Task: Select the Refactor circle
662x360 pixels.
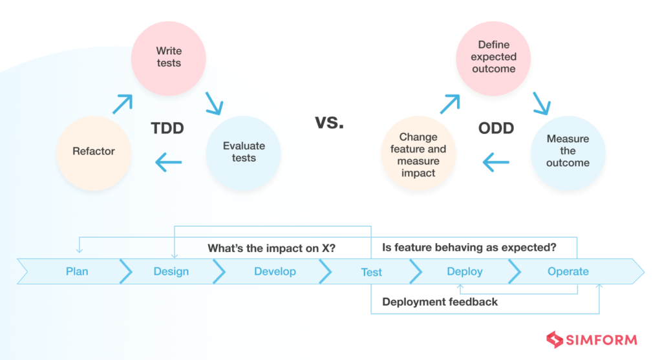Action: (94, 151)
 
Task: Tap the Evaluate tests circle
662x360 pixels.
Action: (244, 152)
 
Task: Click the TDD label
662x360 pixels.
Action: (167, 129)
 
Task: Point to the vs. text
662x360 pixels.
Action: (330, 122)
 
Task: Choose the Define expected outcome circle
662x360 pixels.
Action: (494, 57)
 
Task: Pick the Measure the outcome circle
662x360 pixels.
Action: (568, 151)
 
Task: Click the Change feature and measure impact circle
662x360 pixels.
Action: (418, 155)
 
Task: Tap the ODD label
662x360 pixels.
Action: (496, 129)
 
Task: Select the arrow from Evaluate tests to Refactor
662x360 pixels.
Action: (169, 162)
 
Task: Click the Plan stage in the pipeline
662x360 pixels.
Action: (77, 271)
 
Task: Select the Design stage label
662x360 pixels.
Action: (171, 271)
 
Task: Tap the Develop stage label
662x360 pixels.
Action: (275, 271)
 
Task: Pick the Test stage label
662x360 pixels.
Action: (372, 272)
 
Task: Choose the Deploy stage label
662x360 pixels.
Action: (465, 271)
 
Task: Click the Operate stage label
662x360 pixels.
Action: (568, 271)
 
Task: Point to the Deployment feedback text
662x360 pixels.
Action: (440, 302)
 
